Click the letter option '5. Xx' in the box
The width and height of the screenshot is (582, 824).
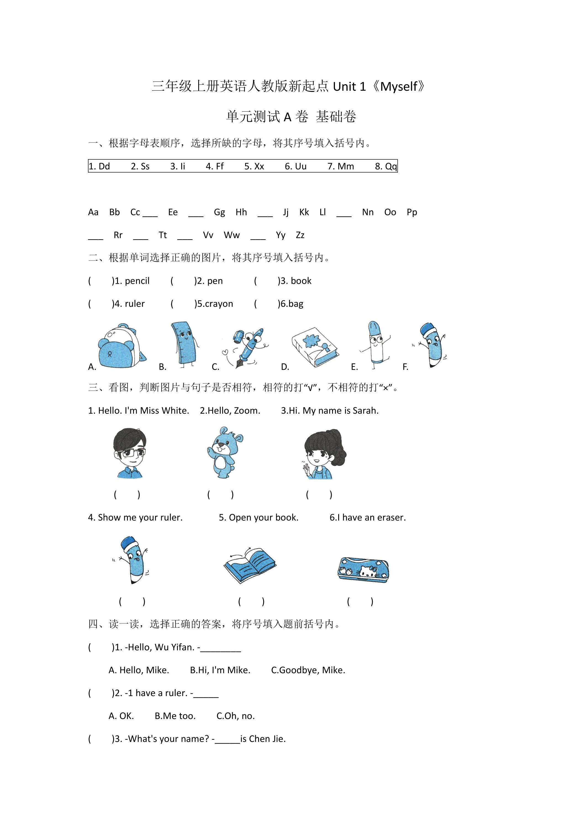(x=254, y=166)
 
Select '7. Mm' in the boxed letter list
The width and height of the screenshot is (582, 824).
(x=340, y=166)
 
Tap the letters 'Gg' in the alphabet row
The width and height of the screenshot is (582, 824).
(x=219, y=212)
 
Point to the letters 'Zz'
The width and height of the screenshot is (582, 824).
(x=300, y=235)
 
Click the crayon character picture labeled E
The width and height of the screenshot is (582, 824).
(x=375, y=345)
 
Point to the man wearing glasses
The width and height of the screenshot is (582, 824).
(x=129, y=453)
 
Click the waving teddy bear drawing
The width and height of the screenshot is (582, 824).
(x=224, y=452)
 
